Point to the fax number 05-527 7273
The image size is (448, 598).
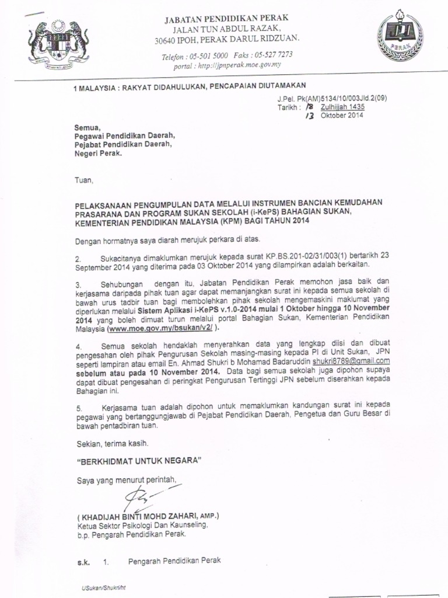click(273, 55)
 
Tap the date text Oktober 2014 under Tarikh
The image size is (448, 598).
click(338, 116)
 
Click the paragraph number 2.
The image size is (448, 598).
click(78, 256)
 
